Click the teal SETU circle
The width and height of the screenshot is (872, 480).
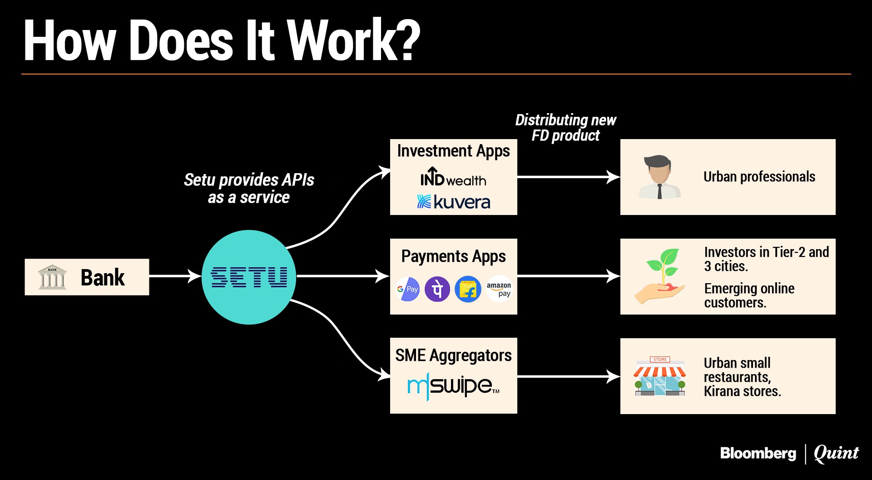(249, 277)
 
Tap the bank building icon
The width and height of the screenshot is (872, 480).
(52, 277)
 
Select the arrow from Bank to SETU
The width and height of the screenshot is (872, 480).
(175, 276)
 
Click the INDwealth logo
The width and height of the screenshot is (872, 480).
(453, 178)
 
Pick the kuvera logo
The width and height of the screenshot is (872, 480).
(453, 202)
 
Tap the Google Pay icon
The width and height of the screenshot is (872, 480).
(407, 289)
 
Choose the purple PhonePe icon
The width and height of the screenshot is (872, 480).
(437, 289)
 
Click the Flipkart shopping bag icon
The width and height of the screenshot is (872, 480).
(468, 289)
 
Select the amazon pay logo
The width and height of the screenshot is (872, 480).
(499, 289)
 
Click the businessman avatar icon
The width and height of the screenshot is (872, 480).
(659, 177)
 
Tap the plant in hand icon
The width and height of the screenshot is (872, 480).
(661, 276)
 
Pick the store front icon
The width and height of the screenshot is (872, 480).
(659, 376)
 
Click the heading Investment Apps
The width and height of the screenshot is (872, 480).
(453, 151)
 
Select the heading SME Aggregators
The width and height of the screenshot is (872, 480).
(453, 355)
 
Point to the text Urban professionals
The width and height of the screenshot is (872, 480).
(759, 177)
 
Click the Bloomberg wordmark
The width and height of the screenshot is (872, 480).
(758, 453)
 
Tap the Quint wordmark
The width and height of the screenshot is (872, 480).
(836, 453)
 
